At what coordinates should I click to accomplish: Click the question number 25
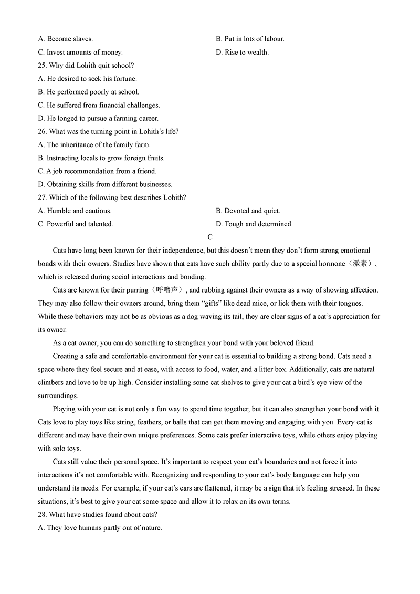click(42, 66)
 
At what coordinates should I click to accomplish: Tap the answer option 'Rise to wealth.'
click(246, 53)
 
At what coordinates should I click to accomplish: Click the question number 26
click(42, 132)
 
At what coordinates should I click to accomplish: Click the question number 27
click(42, 197)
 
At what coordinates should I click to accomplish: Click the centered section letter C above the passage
click(210, 237)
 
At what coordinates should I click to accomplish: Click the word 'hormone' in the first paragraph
click(332, 264)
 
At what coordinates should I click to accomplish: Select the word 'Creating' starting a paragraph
click(66, 356)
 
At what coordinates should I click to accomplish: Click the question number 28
click(42, 515)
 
